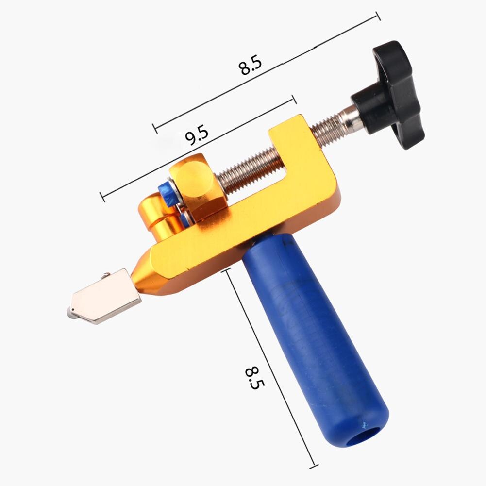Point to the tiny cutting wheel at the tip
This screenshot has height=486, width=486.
click(71, 315)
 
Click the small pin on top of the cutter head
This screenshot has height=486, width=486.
click(103, 277)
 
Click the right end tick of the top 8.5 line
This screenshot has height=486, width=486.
click(377, 17)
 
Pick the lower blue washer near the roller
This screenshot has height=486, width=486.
click(185, 219)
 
